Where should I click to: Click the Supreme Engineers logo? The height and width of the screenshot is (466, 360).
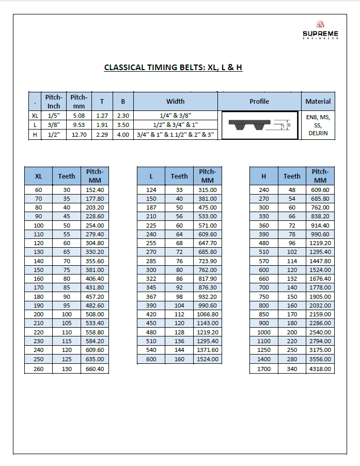pyautogui.click(x=320, y=30)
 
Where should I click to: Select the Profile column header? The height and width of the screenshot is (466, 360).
pyautogui.click(x=259, y=101)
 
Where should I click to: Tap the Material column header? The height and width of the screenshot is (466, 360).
pyautogui.click(x=318, y=101)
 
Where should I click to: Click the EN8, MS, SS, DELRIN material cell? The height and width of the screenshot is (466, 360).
pyautogui.click(x=318, y=125)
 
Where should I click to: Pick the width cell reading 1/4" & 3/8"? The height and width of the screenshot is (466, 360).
pyautogui.click(x=175, y=116)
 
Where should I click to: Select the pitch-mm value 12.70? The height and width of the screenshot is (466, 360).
pyautogui.click(x=79, y=135)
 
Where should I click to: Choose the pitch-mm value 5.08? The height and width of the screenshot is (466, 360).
pyautogui.click(x=79, y=116)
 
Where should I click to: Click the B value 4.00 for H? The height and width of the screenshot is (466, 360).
pyautogui.click(x=123, y=135)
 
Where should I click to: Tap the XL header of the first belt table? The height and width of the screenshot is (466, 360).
pyautogui.click(x=38, y=176)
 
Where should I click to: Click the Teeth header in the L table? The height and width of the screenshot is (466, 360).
pyautogui.click(x=179, y=176)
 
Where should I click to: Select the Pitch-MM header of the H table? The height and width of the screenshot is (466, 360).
pyautogui.click(x=320, y=176)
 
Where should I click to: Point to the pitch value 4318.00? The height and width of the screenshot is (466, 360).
pyautogui.click(x=320, y=369)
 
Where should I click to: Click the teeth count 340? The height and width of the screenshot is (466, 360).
pyautogui.click(x=292, y=369)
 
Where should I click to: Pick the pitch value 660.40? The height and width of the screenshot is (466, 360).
pyautogui.click(x=95, y=369)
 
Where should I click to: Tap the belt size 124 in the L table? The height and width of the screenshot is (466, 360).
pyautogui.click(x=151, y=190)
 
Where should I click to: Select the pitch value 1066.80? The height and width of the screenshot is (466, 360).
pyautogui.click(x=207, y=314)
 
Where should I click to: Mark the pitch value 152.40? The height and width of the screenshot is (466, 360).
pyautogui.click(x=95, y=190)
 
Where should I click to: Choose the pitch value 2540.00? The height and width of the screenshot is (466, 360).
pyautogui.click(x=320, y=332)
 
